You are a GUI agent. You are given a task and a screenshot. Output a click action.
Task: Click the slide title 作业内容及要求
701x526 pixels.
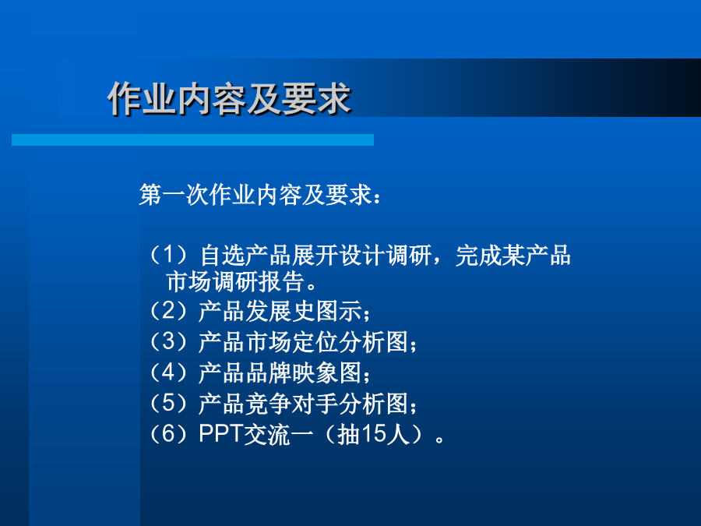229,98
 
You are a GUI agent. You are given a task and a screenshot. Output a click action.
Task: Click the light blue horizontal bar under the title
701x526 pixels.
192,139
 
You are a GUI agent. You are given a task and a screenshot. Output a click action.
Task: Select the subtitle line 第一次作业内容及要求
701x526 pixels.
255,195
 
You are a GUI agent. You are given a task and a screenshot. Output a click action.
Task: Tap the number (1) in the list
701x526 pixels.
168,255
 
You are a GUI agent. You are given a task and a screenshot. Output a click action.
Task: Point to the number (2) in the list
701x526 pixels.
168,311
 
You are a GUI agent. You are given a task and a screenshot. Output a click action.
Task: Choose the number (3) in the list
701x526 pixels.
168,342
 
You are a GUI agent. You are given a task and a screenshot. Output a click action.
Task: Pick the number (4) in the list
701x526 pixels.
168,372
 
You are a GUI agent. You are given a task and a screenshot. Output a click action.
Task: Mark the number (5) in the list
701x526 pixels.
168,404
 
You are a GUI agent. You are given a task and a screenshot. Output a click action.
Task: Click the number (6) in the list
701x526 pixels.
168,434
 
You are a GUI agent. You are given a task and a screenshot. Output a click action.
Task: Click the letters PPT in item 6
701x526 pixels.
220,433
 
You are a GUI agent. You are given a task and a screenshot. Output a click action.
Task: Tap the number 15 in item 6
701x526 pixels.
373,434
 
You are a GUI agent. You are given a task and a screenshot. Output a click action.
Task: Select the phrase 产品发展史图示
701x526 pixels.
280,311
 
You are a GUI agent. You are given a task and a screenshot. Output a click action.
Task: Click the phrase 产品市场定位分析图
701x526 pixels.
304,342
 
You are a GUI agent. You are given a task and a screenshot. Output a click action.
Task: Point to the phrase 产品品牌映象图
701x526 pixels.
280,372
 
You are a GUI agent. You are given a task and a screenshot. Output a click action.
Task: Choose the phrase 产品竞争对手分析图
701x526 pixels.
304,404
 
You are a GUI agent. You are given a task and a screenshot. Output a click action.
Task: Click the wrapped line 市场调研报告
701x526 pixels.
235,282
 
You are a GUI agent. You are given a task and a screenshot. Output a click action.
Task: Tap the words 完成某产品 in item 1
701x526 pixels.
513,255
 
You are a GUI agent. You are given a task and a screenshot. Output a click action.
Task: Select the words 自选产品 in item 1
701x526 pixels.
246,255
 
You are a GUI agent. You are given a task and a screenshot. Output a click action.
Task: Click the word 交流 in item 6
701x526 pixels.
267,434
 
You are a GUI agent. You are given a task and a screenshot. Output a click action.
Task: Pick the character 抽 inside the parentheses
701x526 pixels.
349,434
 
